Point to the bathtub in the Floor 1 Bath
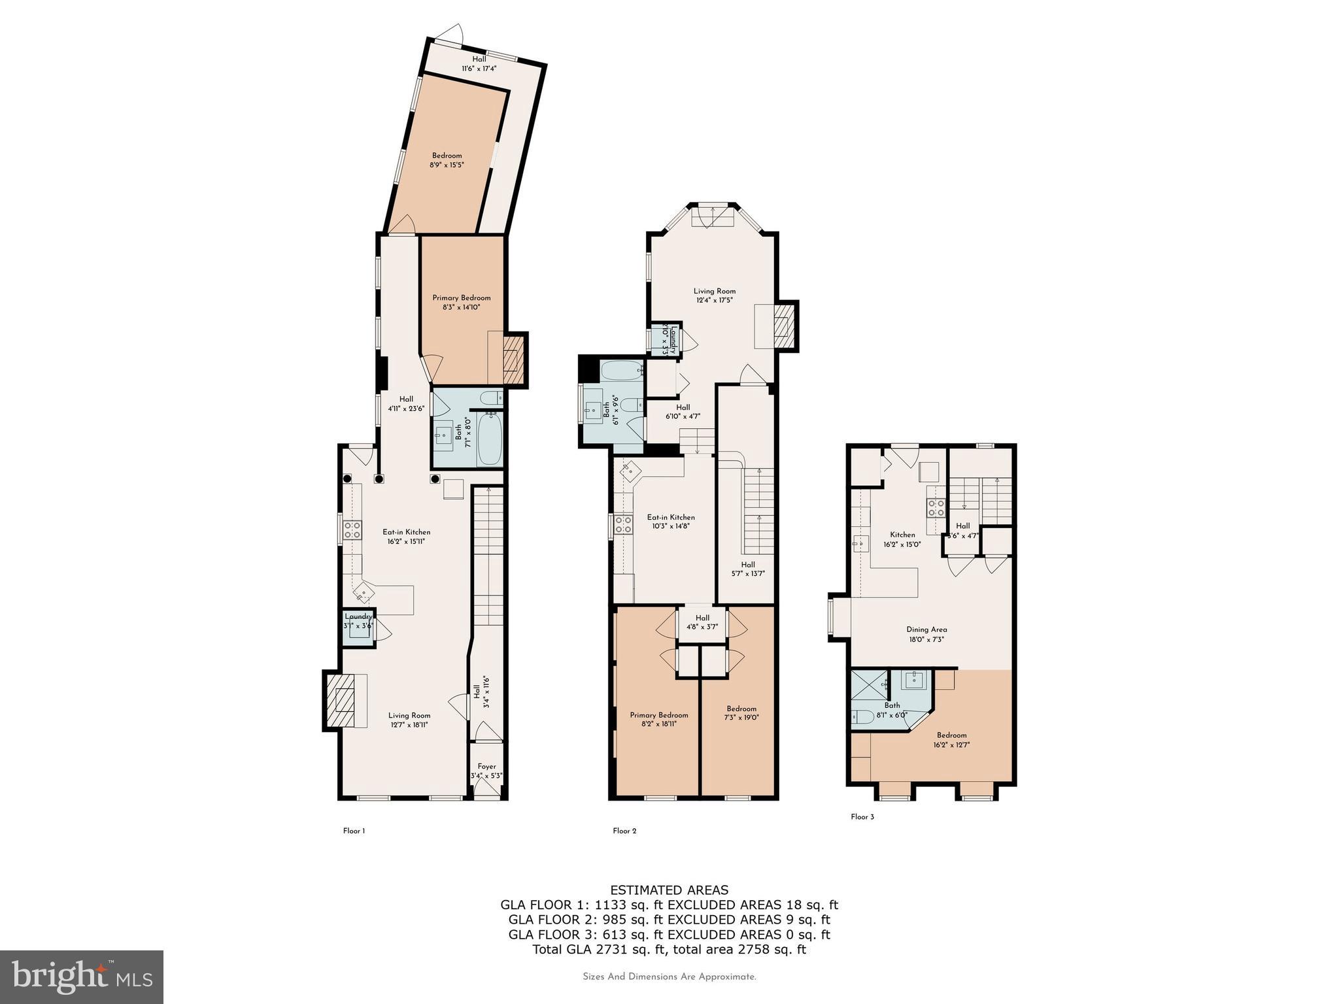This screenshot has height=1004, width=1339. (490, 439)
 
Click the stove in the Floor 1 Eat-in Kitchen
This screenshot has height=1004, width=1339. (353, 530)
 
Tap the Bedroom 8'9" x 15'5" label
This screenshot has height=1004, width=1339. (447, 160)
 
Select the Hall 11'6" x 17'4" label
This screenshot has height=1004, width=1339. (479, 63)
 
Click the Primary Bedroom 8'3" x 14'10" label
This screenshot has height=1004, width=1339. (462, 302)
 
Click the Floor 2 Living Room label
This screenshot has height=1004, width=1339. (715, 295)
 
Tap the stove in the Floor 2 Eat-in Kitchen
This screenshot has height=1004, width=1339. (623, 524)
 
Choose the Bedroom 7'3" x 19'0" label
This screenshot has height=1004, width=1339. (741, 712)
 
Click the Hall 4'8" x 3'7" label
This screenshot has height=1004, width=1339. (702, 622)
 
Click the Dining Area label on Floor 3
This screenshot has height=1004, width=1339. (926, 634)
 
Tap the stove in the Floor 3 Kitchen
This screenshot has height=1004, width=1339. (936, 508)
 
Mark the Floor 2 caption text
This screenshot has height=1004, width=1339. (624, 831)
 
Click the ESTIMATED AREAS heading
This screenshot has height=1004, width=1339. (669, 890)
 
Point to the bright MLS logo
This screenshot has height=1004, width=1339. (82, 977)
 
